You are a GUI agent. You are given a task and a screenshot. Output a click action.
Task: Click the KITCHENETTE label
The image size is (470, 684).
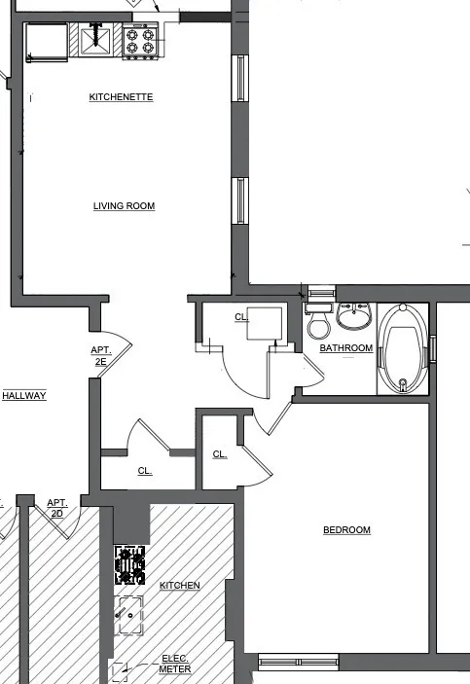tap(122, 97)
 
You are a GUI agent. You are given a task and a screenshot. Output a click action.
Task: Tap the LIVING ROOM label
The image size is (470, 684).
tap(124, 206)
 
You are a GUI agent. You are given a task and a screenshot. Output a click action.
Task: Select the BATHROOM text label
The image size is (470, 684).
tap(346, 348)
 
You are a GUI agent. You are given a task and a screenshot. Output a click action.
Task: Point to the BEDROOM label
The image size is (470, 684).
tap(346, 530)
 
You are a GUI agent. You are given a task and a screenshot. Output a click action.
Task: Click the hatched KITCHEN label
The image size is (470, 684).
tap(180, 585)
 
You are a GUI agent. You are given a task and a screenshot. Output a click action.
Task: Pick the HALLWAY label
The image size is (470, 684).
tap(24, 395)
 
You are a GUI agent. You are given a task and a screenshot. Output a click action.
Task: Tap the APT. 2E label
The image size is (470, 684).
tap(101, 356)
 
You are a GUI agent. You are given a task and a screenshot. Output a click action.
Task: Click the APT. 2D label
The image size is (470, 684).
tap(57, 508)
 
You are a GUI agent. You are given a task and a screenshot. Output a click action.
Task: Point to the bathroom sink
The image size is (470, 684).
tap(354, 316)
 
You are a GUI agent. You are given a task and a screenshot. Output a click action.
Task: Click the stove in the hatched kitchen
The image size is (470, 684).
tap(130, 564)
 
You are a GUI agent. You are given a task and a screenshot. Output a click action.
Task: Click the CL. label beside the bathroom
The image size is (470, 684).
tap(241, 317)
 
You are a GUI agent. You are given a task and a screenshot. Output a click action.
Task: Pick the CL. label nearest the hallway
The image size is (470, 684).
tap(145, 471)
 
